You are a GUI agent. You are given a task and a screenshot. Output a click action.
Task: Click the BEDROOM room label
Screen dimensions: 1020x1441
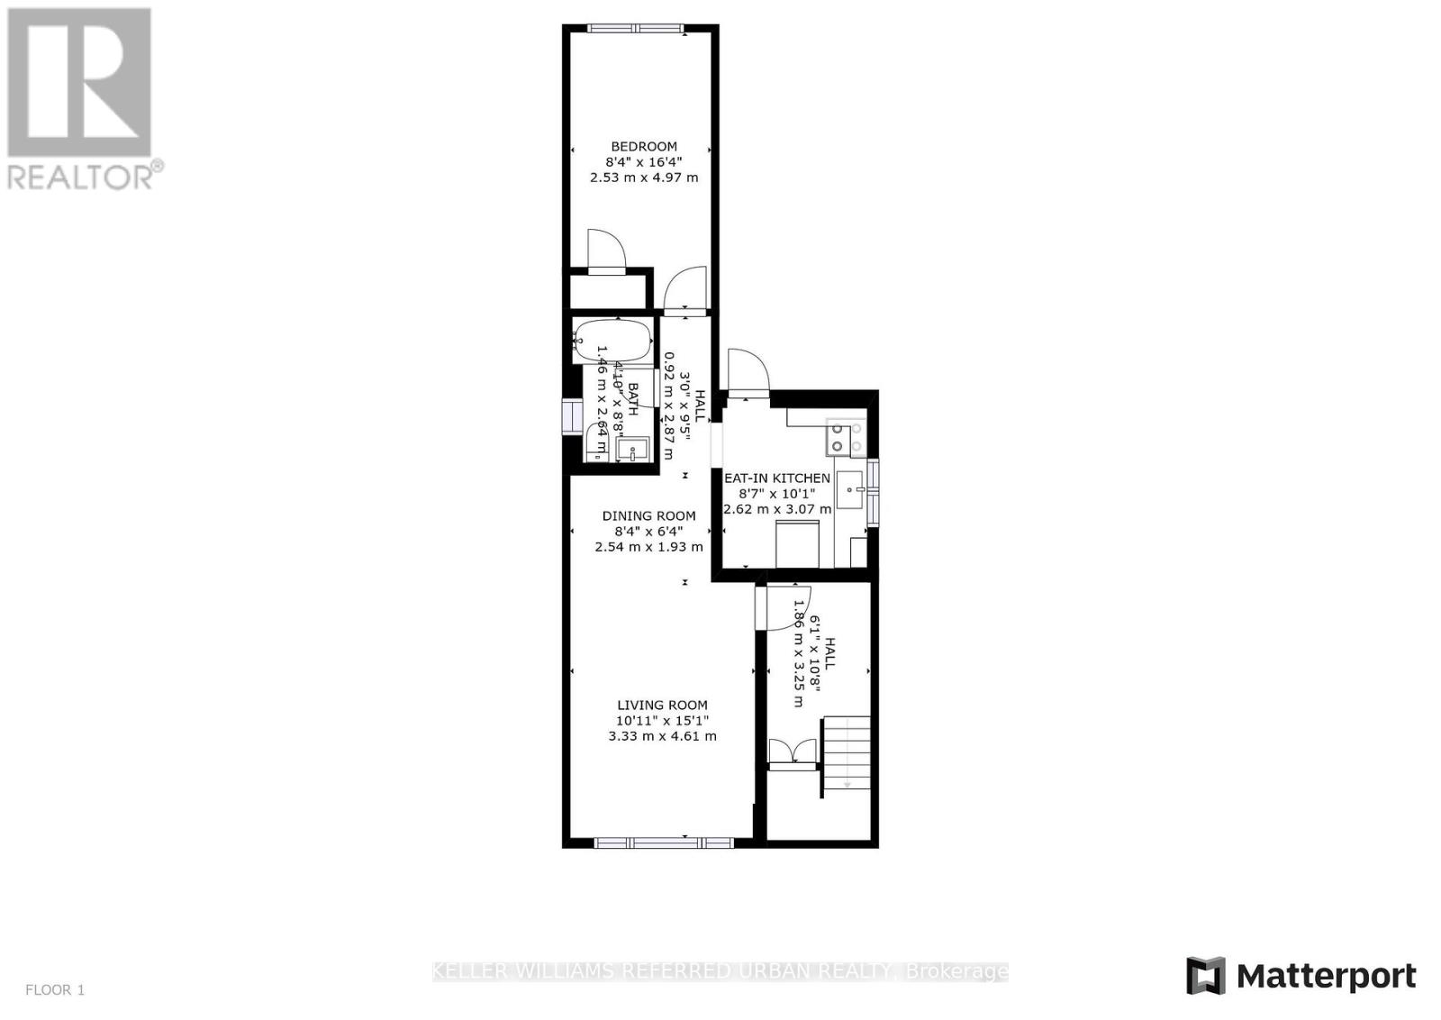pos(643,147)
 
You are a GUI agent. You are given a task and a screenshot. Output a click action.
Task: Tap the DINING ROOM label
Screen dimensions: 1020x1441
pos(648,516)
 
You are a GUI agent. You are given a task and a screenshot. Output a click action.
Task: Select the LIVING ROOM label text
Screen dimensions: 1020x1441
pos(662,706)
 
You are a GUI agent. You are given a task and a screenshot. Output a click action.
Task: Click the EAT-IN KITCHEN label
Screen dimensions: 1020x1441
pos(777,478)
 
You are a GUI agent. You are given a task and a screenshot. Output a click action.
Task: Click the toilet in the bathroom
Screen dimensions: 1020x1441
pos(596,442)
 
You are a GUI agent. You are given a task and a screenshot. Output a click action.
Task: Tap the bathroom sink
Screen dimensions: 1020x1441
pos(634,448)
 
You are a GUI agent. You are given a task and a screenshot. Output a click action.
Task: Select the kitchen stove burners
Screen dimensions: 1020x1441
pos(846,437)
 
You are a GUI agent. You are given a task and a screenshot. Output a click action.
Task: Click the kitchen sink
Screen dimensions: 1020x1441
pos(850,490)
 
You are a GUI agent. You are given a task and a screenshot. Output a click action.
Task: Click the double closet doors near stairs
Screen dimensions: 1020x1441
pos(793,751)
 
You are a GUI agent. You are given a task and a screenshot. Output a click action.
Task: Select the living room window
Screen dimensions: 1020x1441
pos(664,842)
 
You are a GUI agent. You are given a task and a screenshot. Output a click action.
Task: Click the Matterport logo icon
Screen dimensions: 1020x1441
pos(1205,975)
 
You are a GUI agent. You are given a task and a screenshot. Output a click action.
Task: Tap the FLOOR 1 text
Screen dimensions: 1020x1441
pos(55,990)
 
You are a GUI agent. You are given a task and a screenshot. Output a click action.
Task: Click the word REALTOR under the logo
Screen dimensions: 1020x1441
pos(81,177)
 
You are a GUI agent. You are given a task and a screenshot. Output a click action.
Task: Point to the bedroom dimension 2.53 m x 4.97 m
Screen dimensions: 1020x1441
pos(643,178)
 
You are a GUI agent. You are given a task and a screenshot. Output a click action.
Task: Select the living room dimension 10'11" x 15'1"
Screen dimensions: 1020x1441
pos(662,721)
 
